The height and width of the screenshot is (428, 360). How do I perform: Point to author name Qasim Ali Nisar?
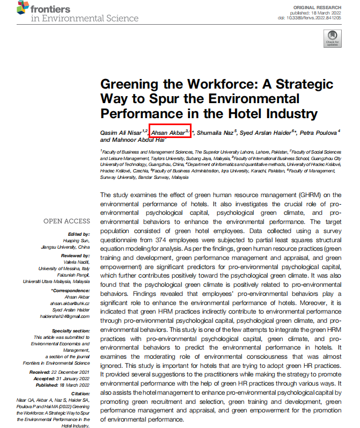[x=121, y=132]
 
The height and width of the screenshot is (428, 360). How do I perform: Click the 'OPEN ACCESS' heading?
[x=67, y=221]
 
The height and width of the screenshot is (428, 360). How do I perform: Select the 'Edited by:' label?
[x=78, y=234]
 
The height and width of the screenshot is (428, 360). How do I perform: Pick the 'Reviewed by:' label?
[x=76, y=256]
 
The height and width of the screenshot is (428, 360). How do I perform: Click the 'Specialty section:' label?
[x=71, y=330]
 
